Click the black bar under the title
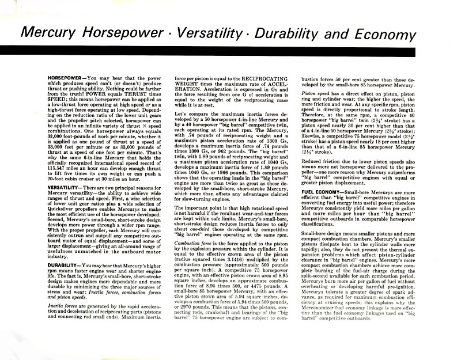[x=231, y=51]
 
